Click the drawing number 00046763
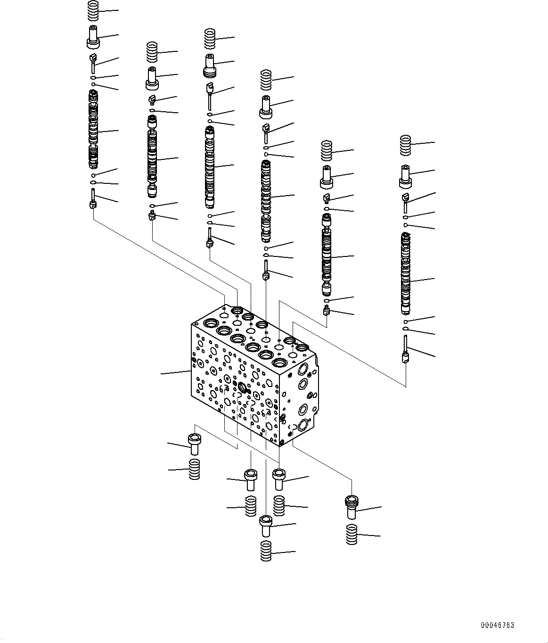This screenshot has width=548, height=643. click(x=497, y=626)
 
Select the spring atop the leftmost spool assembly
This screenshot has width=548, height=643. click(x=93, y=10)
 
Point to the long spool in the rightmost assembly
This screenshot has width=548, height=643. click(x=406, y=273)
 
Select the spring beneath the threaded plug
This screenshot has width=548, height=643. click(x=352, y=534)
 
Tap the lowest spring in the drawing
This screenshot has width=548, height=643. click(x=266, y=551)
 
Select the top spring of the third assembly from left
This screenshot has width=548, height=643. click(x=210, y=39)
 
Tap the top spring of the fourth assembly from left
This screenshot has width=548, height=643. click(x=266, y=80)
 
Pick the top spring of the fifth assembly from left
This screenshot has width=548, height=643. click(x=327, y=150)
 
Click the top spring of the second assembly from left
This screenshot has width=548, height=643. click(x=151, y=52)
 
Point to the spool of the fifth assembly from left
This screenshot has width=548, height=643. click(x=327, y=255)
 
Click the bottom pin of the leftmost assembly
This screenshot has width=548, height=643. click(x=93, y=199)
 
